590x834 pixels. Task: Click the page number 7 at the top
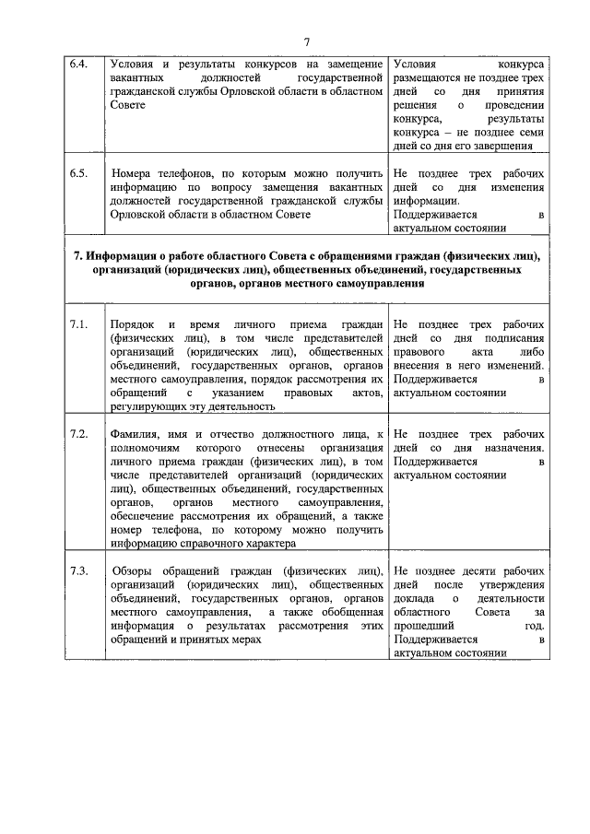coord(306,41)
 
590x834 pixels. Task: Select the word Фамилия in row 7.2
coord(136,433)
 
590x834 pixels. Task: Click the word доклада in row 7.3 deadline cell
coord(414,598)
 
